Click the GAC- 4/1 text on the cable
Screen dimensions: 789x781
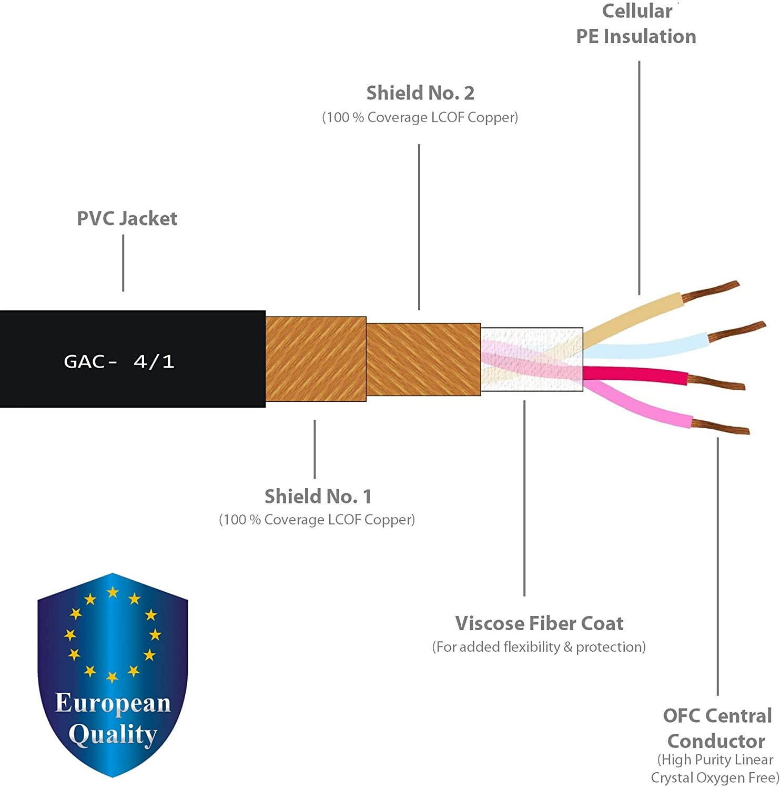119,361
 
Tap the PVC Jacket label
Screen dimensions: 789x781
127,218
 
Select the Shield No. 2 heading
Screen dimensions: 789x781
420,93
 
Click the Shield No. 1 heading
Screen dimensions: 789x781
318,496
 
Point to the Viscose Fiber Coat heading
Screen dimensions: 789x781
539,623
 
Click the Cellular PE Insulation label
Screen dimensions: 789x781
636,24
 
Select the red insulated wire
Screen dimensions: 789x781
636,374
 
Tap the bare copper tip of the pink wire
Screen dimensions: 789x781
721,427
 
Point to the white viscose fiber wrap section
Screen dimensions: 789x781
531,359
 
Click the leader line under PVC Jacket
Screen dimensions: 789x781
123,262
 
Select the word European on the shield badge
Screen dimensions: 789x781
113,704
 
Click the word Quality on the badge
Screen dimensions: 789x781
113,735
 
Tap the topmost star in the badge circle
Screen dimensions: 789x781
113,593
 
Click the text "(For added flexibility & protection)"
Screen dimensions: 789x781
539,647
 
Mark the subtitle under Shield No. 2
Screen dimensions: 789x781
420,117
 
